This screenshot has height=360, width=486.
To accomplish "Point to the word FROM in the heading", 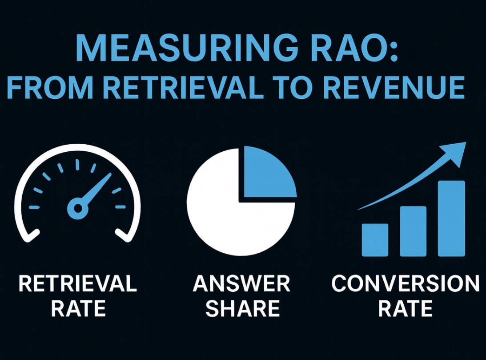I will coord(50,88).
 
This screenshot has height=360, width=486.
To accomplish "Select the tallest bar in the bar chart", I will coord(451,218).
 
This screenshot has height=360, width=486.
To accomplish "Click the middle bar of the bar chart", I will coord(413,231).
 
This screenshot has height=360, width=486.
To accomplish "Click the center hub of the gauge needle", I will coord(77,208).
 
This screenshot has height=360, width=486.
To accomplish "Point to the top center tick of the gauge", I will coord(77,165).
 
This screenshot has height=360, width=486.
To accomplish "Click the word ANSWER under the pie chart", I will coord(241,284).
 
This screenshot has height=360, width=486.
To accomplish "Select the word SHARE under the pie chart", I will coord(242,308).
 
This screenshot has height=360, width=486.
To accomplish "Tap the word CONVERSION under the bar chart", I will coord(405,284).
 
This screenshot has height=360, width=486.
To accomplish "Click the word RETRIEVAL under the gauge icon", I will coord(78,284).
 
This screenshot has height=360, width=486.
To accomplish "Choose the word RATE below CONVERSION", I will coord(405,308).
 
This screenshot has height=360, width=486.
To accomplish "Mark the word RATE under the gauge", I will coord(78,308).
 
